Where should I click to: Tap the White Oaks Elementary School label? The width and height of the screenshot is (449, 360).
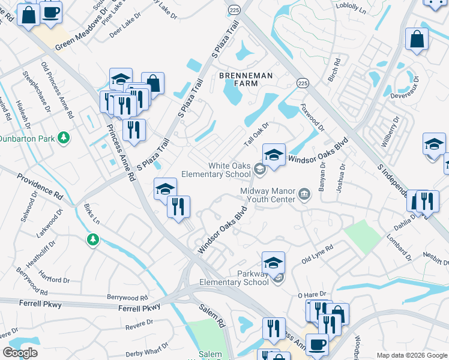pos(229,170)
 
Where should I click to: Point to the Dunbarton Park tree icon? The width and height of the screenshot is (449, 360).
pos(64,139)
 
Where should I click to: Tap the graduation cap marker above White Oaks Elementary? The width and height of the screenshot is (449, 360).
pos(274,155)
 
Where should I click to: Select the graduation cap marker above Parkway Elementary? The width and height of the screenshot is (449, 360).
pos(273,262)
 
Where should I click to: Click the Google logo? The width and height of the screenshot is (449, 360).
pos(20,353)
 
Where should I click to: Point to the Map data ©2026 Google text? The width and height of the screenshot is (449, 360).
pos(411,355)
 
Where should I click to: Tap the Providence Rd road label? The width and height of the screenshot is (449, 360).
pos(40,187)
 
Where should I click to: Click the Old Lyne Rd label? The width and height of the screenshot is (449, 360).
pos(317,254)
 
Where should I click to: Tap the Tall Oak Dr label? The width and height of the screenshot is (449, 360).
pos(256,135)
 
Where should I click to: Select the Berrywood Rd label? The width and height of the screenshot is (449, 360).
pos(127,298)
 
